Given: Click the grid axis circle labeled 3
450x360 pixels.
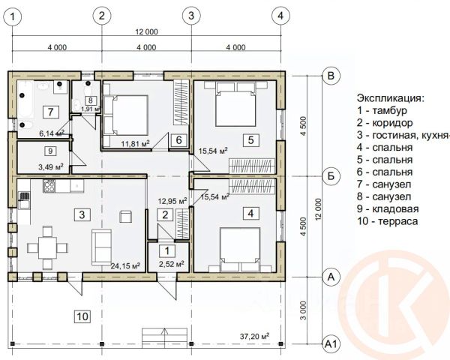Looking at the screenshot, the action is coord(191,16).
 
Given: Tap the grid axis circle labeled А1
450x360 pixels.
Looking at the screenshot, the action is coord(331,344).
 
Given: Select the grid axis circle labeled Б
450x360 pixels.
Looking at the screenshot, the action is coord(331,175).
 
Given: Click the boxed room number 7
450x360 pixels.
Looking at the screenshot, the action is coord(51,112).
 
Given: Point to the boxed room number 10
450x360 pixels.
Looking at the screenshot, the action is coord(82,316).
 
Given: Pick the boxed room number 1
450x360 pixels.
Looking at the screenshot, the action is coord(167,251).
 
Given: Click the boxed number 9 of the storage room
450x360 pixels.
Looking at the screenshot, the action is coord(50,151).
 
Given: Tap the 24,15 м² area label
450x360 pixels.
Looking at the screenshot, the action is coord(125,265).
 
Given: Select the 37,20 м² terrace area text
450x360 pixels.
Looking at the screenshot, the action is coord(254,336).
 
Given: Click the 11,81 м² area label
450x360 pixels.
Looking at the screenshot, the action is coord(136,143).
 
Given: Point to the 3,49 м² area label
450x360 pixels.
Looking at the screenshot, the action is coord(51,166).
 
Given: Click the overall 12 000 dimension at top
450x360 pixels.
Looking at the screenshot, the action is coord(146,31).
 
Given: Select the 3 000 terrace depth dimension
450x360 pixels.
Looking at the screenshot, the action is coord(304,310).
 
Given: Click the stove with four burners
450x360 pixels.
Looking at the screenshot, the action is coord(49,186).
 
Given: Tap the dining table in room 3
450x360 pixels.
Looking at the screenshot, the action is coord(48,247).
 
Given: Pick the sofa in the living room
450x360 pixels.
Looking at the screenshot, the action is coord(101,247).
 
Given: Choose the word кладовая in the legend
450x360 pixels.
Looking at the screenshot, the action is coord(395,209).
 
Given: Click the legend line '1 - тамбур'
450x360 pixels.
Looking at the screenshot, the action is coord(382,110).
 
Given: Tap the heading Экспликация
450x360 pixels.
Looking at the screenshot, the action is coord(390,98).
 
